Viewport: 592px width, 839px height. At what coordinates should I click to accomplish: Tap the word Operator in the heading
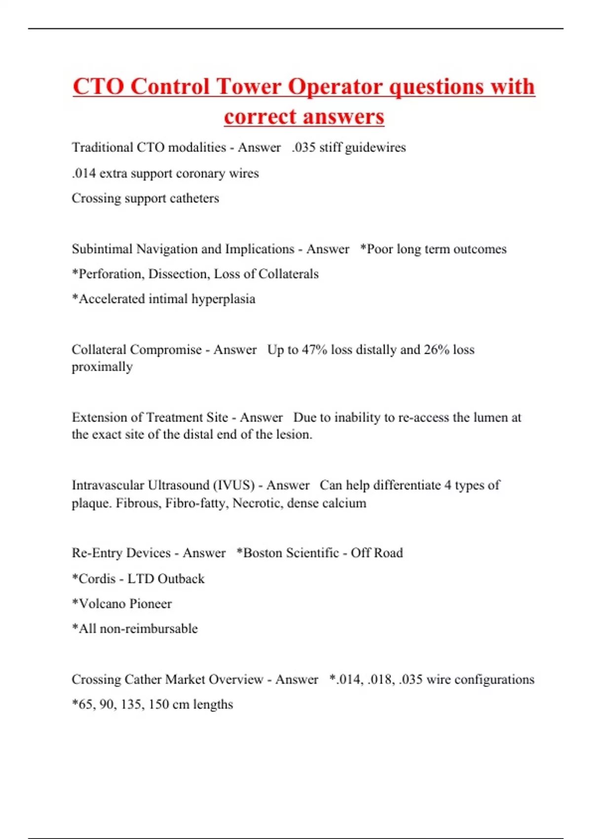[335, 86]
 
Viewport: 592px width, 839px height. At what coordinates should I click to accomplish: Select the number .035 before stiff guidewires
[303, 148]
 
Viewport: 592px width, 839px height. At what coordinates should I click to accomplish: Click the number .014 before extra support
[83, 174]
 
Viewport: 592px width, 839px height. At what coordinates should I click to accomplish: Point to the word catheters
[194, 198]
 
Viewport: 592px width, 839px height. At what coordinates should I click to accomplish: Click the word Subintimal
[102, 249]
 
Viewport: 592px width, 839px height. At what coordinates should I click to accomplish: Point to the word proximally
[102, 367]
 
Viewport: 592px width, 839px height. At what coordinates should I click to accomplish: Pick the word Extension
[100, 418]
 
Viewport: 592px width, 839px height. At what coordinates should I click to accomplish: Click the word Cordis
[97, 579]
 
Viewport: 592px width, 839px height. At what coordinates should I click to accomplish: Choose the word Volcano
[102, 604]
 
